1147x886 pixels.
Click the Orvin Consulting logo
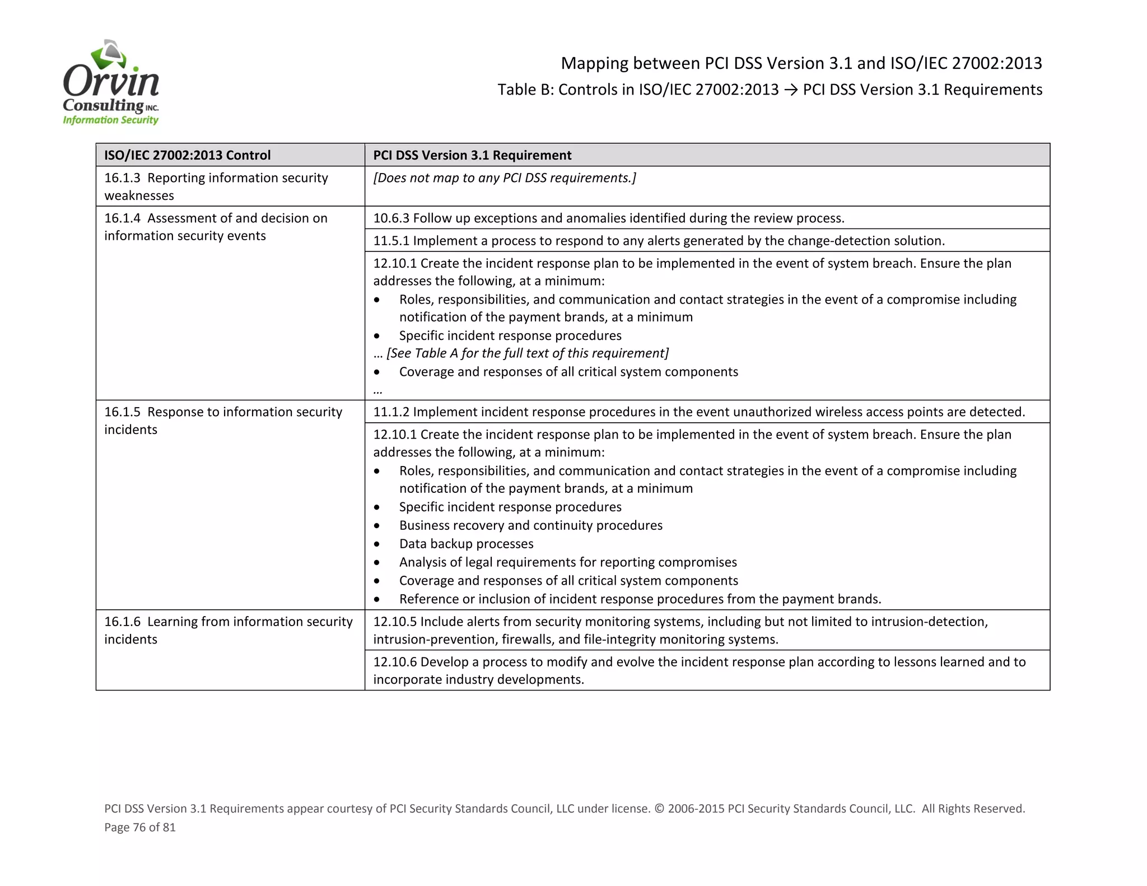point(111,83)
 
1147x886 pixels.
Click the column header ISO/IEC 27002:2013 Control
point(187,155)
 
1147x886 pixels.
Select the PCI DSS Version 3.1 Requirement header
point(472,155)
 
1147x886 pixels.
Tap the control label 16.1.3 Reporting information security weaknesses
point(216,186)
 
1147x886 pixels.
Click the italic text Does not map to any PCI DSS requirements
point(504,178)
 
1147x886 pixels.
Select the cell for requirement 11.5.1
point(658,241)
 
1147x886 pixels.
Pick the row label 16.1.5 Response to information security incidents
point(222,420)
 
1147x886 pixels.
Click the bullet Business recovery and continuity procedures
point(530,525)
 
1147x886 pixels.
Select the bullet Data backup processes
point(466,544)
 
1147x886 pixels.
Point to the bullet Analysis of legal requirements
point(567,562)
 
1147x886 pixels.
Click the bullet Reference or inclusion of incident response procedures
point(640,599)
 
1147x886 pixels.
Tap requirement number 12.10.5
point(395,622)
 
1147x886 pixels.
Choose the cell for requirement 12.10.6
point(698,670)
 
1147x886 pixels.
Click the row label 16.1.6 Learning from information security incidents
point(228,630)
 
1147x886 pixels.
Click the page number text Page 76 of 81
point(140,827)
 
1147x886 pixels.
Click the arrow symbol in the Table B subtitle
point(790,90)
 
